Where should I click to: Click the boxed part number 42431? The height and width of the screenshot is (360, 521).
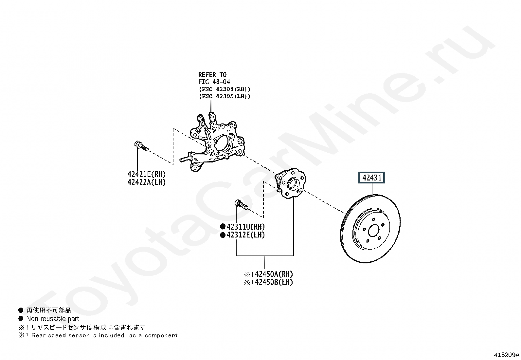point(372,178)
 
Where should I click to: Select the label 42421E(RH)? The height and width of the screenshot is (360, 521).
point(147,175)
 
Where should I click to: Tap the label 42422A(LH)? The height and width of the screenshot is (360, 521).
point(147,182)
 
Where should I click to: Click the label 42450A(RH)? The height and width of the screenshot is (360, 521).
point(274,274)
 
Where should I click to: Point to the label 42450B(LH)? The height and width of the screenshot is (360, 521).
point(274,282)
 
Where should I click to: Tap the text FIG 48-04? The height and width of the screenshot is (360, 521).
point(214,82)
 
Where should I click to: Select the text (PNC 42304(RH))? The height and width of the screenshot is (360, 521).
point(224,89)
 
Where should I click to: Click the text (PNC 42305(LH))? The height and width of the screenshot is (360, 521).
point(224,96)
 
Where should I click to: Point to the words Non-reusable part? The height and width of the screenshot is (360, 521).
point(52,319)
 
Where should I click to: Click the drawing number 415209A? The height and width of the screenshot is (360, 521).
point(507,355)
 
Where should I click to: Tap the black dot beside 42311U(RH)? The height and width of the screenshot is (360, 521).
point(223,227)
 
